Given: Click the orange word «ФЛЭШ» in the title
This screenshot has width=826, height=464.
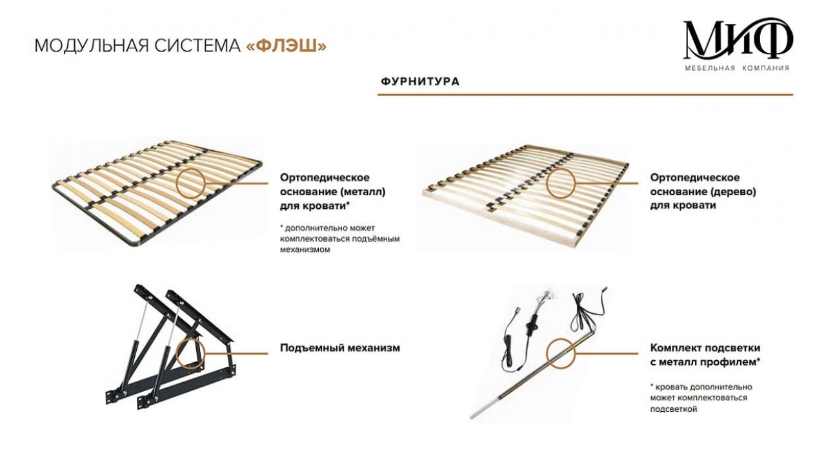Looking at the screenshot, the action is tap(286, 46).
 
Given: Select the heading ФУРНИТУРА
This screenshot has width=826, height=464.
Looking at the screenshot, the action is tap(420, 81).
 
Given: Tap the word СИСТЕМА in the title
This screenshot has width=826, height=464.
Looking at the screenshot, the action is tap(197, 46).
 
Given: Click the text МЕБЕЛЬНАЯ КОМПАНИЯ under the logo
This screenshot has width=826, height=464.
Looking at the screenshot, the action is tap(737, 68).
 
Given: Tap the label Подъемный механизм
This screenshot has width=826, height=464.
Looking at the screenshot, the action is tap(340, 348).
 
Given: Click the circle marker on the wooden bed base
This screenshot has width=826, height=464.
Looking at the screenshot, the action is tap(561, 183).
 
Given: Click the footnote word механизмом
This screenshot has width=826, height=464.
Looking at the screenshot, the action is tap(305, 249).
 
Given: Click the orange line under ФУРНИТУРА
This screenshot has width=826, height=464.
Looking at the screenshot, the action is tap(585, 95).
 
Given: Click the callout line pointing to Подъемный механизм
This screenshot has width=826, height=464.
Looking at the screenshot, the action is tap(236, 354).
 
